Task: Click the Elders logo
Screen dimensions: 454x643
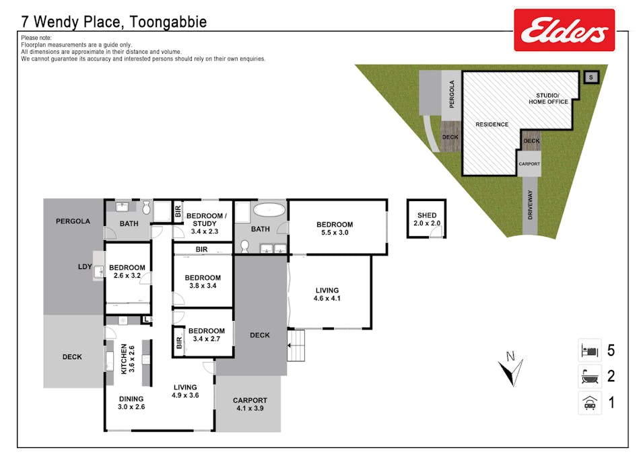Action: (564, 30)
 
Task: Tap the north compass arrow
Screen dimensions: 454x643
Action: (510, 369)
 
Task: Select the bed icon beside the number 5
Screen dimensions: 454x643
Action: (589, 350)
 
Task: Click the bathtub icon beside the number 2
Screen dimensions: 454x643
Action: (589, 376)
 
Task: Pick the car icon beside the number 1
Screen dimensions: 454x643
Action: (589, 403)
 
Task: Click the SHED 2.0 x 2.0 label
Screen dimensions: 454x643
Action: (427, 219)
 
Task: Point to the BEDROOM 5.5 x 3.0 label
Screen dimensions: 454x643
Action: (335, 229)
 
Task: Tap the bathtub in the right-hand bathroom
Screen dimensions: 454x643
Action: (269, 209)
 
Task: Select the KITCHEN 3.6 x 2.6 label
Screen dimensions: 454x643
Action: (127, 359)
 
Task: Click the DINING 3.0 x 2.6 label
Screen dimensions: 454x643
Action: (131, 402)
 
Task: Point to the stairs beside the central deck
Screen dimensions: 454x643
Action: (296, 345)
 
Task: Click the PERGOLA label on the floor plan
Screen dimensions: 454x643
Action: (73, 221)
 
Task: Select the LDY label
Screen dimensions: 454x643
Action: (85, 267)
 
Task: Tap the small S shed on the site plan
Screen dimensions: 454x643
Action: (590, 77)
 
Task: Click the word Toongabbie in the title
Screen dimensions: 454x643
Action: (166, 22)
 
